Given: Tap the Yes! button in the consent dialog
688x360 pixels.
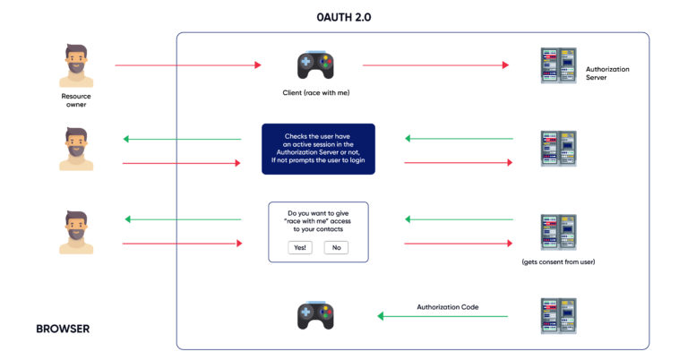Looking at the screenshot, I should [300, 247].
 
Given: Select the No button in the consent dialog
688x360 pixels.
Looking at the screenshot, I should [336, 247].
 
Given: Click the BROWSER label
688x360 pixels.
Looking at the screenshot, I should [63, 329].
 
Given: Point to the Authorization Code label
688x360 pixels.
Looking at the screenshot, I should [447, 306].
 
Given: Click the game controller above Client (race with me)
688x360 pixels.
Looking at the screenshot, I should [315, 65].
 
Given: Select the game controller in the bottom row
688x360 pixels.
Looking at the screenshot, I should [315, 316].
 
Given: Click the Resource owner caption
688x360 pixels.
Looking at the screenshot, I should [75, 99].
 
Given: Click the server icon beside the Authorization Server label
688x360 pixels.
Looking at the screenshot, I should [558, 65].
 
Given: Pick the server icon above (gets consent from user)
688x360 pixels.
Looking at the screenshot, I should [558, 232].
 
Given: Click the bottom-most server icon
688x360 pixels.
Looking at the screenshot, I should [558, 316].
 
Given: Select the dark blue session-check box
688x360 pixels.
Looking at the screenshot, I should [318, 149].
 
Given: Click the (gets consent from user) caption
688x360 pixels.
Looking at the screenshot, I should [558, 261].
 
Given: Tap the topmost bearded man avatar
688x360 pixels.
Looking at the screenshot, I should [76, 65].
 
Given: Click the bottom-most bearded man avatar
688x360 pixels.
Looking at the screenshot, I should [76, 232].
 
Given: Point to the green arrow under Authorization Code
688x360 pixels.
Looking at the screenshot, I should [443, 316].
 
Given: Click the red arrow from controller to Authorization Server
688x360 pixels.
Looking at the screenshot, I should [434, 65].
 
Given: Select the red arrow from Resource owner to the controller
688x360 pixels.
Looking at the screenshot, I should [188, 65].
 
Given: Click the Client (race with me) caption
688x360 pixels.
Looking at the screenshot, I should [315, 93].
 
